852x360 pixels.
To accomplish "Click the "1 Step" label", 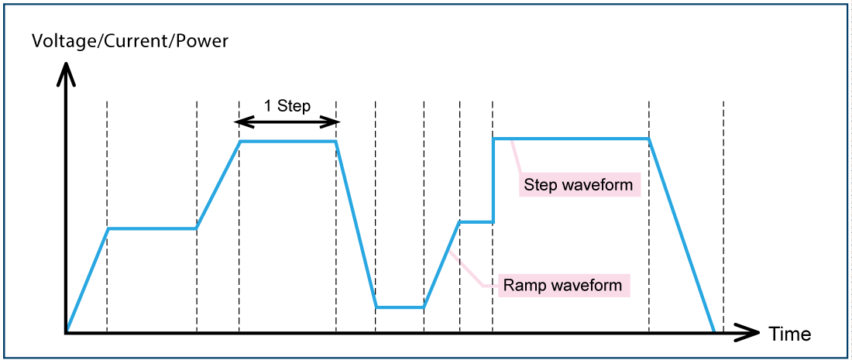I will [287, 106].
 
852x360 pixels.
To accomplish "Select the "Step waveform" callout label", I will [578, 185].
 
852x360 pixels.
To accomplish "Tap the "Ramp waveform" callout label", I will [562, 285].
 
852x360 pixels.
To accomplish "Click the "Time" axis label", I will [789, 334].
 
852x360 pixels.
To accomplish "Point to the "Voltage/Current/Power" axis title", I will [130, 41].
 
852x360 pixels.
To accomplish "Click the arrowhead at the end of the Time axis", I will [750, 333].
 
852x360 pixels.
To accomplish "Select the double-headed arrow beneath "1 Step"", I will [287, 122].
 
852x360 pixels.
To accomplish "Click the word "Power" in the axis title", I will [202, 41].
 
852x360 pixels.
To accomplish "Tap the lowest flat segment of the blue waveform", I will [400, 307].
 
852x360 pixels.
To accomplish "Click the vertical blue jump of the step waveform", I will [493, 180].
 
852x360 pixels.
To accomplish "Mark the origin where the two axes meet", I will [67, 333].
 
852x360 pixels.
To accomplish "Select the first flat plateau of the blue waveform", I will [152, 228].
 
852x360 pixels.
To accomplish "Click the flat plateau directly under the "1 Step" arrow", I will [287, 141].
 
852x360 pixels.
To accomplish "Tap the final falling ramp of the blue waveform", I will [682, 236].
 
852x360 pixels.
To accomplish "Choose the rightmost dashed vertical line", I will [723, 217].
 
